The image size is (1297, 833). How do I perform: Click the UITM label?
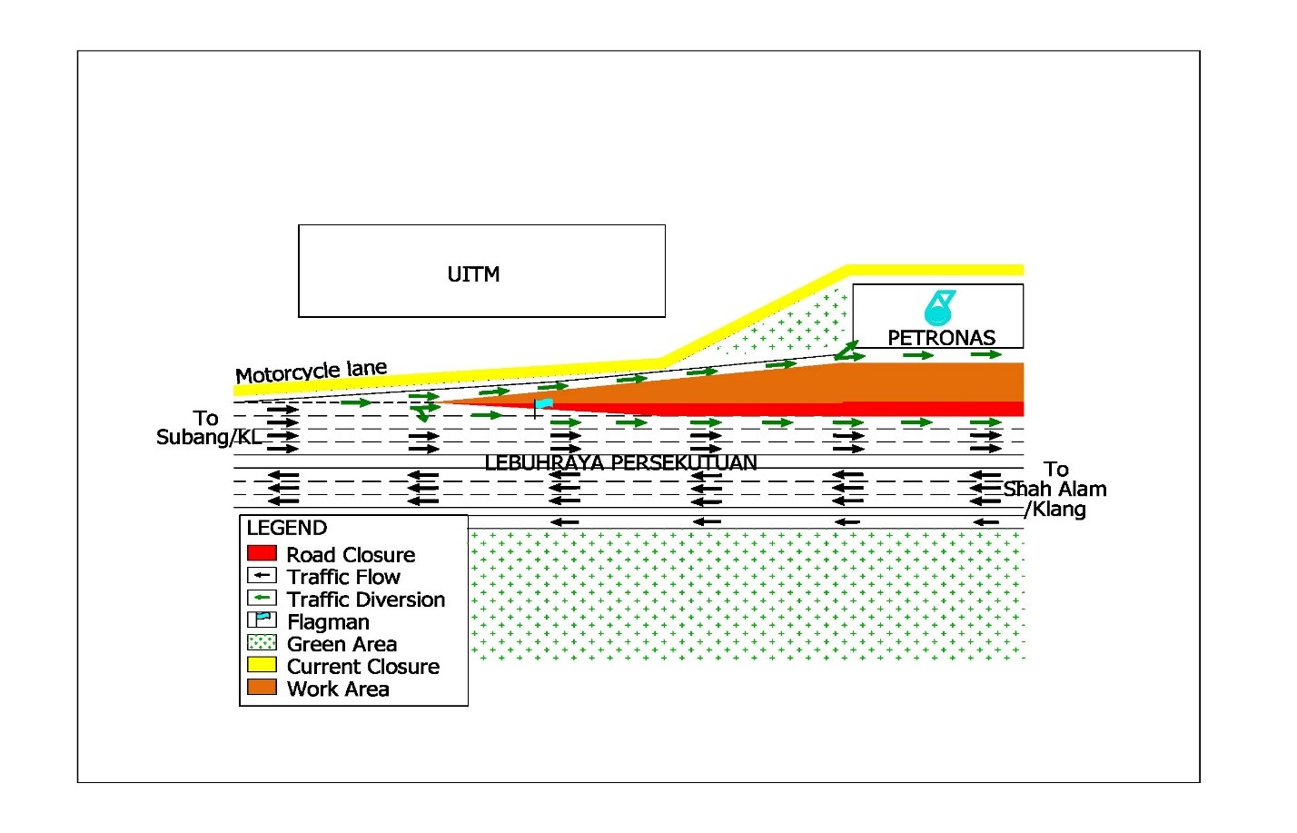(x=473, y=274)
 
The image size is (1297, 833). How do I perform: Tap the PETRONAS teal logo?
(x=938, y=308)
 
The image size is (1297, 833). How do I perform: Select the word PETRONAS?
(x=941, y=338)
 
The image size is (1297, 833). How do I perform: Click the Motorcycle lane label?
(x=311, y=372)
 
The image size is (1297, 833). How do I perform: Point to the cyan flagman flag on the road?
(x=543, y=403)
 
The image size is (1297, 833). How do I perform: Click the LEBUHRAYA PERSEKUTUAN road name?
(x=620, y=462)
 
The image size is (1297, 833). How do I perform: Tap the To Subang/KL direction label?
(x=209, y=428)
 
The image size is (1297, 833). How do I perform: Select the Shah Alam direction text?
(x=1054, y=489)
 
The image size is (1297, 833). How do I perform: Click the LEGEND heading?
(x=287, y=528)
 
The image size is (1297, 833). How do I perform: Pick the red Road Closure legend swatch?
(x=262, y=552)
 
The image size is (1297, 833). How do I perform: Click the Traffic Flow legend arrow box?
(x=262, y=575)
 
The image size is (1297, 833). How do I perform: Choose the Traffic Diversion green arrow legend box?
(x=262, y=597)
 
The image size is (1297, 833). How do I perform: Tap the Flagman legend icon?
(x=262, y=620)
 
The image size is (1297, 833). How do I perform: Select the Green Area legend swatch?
(x=262, y=642)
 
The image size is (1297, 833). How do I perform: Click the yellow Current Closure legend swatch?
(x=262, y=664)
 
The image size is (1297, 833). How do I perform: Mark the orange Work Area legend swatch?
(x=262, y=687)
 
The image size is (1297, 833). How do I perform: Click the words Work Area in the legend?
(x=338, y=689)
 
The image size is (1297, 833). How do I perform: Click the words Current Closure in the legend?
(x=363, y=666)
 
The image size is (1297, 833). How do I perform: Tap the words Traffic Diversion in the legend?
(x=366, y=599)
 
